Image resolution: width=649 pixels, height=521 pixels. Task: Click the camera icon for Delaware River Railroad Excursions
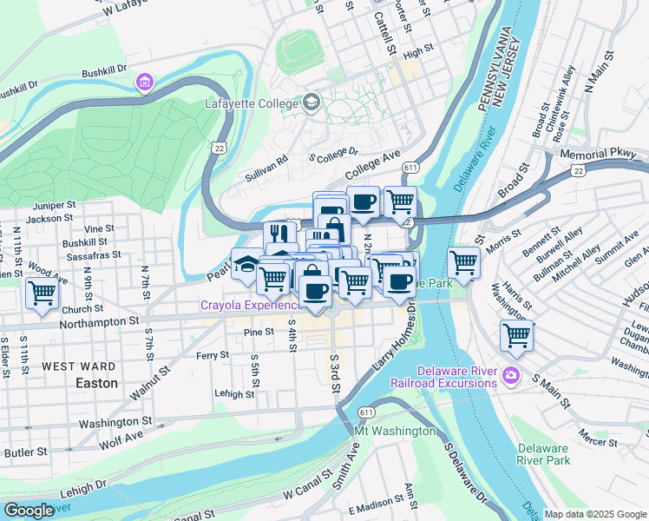pyautogui.click(x=512, y=375)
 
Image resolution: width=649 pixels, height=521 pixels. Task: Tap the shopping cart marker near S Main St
pyautogui.click(x=517, y=336)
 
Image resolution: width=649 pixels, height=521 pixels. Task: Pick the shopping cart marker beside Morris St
pyautogui.click(x=464, y=262)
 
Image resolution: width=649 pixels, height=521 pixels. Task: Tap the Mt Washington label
pyautogui.click(x=395, y=431)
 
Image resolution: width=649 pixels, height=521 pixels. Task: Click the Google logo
pyautogui.click(x=29, y=511)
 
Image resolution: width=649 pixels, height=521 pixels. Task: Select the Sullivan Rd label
pyautogui.click(x=265, y=165)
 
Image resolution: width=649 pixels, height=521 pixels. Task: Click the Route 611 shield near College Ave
pyautogui.click(x=411, y=167)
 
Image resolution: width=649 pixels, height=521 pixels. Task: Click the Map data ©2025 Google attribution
pyautogui.click(x=595, y=514)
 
